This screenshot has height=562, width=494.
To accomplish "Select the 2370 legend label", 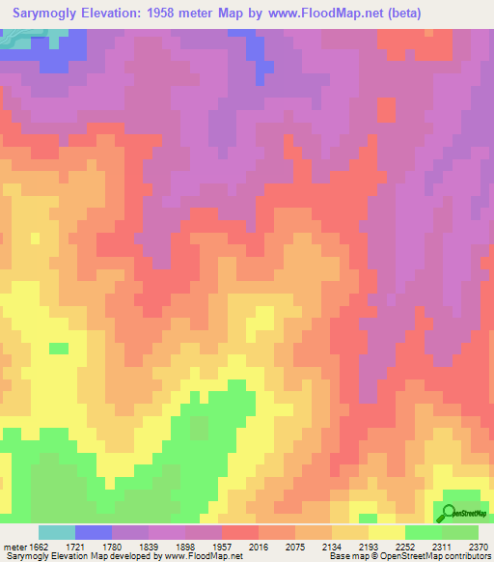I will [x=479, y=547].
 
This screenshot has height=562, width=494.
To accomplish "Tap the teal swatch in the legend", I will [x=57, y=532].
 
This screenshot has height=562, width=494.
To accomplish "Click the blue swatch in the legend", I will [x=94, y=532].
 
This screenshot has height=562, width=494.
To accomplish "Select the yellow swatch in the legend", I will [x=387, y=532].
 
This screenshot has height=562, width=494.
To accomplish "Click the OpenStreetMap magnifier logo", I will [x=448, y=511].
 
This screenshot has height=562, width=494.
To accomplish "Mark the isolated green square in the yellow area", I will [x=59, y=348].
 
